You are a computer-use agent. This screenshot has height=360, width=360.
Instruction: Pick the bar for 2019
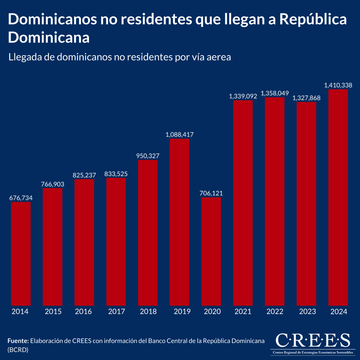click(x=179, y=222)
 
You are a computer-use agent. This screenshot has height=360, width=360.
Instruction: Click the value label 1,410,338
click(x=338, y=85)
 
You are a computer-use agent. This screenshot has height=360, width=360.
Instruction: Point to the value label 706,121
click(x=211, y=193)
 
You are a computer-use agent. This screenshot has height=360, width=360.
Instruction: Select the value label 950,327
click(x=148, y=156)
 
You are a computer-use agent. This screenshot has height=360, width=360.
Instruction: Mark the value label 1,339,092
click(x=243, y=96)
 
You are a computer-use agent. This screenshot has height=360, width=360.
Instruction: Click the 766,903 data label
click(x=52, y=184)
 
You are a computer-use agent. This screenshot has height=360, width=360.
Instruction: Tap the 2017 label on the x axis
click(x=116, y=312)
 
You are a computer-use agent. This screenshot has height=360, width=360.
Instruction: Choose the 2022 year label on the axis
click(x=275, y=312)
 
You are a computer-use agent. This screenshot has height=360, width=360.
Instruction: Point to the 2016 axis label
click(x=83, y=312)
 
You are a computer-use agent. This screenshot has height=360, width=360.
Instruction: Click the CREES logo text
click(x=313, y=340)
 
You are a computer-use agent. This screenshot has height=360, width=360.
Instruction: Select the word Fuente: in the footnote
click(x=18, y=341)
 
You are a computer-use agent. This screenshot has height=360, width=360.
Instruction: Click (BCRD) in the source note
click(x=18, y=349)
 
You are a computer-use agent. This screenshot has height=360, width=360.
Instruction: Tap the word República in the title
click(x=313, y=19)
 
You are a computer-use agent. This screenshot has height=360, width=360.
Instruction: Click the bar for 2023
click(x=306, y=204)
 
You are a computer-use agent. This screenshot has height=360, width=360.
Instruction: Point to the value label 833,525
click(x=116, y=174)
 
